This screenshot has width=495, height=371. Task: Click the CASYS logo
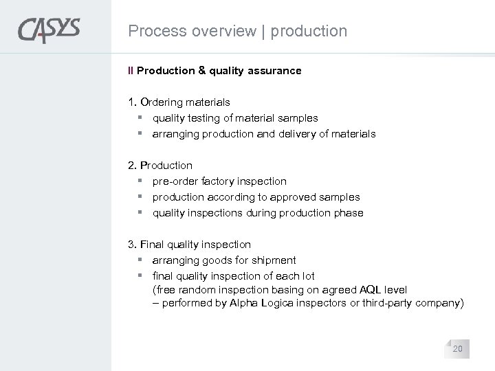49,31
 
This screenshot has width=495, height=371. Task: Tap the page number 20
457,350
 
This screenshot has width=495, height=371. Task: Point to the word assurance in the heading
274,70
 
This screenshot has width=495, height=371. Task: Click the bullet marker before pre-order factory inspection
139,181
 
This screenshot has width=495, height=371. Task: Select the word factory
217,181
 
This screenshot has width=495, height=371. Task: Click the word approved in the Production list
296,197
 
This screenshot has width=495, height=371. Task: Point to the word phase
349,213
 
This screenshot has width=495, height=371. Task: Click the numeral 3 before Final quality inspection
131,245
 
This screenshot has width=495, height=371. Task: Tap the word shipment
274,260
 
